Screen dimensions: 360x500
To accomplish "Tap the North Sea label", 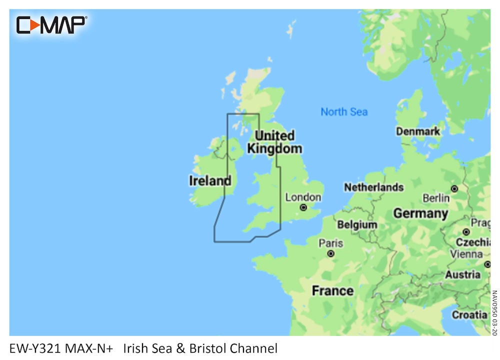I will coord(344,111).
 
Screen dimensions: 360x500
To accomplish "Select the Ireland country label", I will coord(210,180).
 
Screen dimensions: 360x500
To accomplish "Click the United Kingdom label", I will coord(274,142).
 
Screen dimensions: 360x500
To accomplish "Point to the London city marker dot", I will coord(303,207).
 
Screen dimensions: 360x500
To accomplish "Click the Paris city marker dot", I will coord(330,253).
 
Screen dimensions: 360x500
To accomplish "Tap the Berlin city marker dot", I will coord(454,188).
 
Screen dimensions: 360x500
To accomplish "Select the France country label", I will coord(332,290).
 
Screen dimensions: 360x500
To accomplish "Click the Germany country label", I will coord(420,213).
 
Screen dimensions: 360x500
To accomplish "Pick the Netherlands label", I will coord(373,187).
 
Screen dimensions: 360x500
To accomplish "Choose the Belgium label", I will coord(357,224).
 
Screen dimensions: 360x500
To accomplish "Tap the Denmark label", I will coord(418,131).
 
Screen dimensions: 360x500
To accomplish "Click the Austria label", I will coord(462,274).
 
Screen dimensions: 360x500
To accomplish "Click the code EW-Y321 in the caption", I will coord(34,348).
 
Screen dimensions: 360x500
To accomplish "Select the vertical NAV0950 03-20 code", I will coord(494,310).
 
